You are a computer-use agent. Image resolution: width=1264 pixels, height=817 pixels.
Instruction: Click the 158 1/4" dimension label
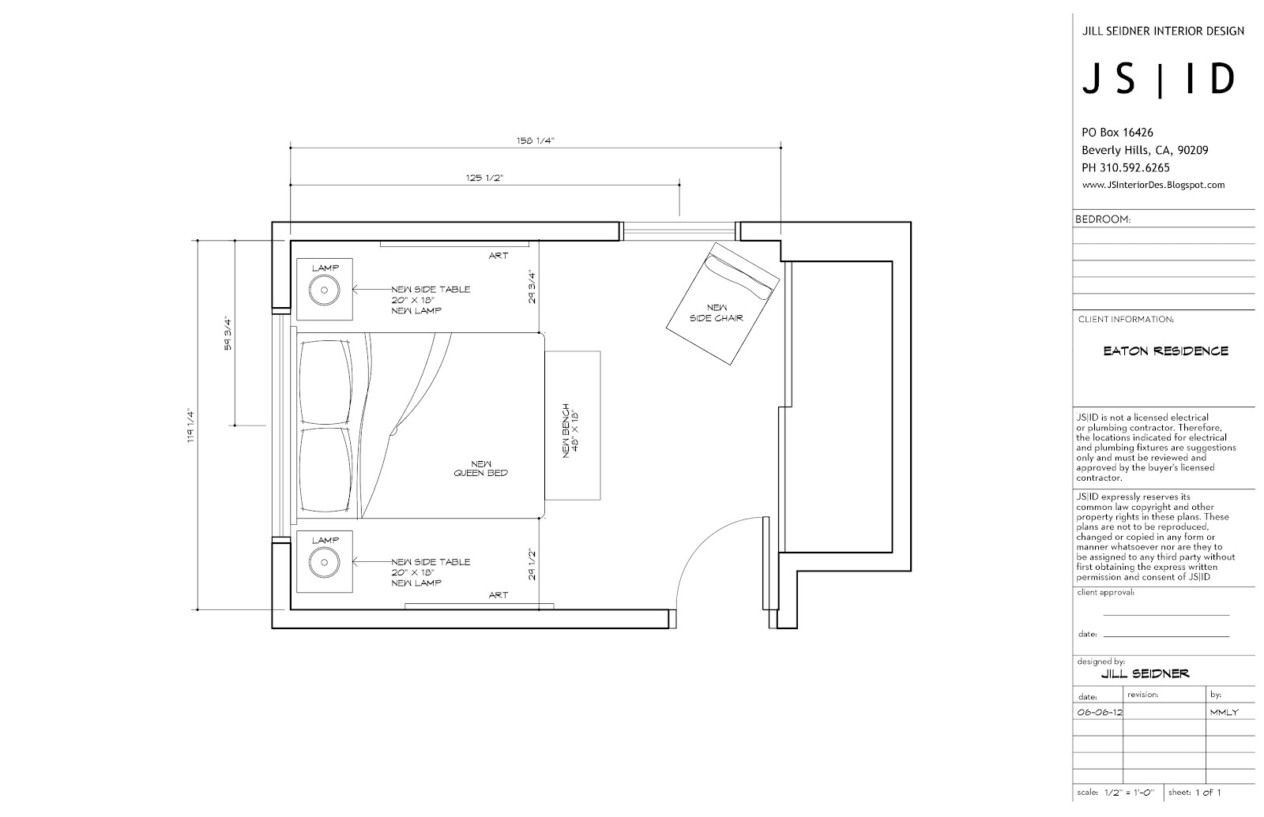point(535,141)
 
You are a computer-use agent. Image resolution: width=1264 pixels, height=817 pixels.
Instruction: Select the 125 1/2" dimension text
point(485,178)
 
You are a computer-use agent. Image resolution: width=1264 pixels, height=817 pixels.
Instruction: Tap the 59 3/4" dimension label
point(228,333)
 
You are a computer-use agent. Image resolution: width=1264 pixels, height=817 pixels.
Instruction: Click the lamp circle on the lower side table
point(324,563)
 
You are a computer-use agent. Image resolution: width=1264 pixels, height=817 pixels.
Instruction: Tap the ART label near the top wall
point(498,256)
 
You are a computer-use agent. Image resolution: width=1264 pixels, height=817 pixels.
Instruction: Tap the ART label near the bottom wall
point(498,595)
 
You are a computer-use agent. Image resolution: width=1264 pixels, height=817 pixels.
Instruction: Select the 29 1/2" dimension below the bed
point(532,564)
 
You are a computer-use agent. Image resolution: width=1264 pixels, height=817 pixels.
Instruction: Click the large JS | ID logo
point(1158,80)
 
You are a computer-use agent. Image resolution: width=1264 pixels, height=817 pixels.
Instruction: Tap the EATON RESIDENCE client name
point(1165,351)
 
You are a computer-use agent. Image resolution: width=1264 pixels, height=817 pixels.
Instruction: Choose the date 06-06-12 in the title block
point(1099,712)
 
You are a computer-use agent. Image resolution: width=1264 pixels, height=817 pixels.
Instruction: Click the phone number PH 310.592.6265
point(1125,168)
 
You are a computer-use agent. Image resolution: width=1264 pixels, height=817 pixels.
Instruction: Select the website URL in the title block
point(1153,186)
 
